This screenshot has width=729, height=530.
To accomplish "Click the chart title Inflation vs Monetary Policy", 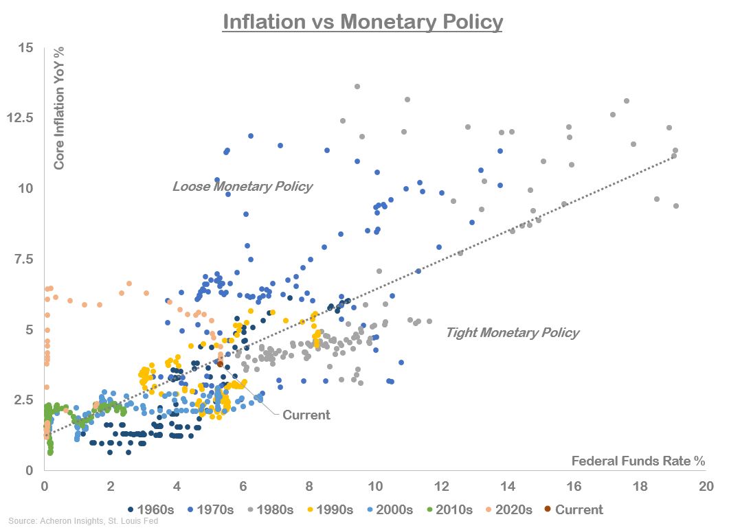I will click(x=363, y=22).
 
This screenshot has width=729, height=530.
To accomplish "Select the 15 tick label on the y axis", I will click(x=26, y=47).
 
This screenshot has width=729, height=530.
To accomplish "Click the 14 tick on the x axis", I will click(x=508, y=485).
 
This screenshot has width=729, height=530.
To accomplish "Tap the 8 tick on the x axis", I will click(x=309, y=485).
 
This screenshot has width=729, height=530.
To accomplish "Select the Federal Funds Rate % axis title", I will click(x=638, y=461).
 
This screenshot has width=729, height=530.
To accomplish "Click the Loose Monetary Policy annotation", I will click(x=243, y=186).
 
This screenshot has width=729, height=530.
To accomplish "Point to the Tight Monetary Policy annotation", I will click(x=513, y=333).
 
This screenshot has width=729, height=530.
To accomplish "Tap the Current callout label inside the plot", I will click(x=306, y=415).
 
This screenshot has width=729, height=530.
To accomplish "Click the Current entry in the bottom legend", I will click(x=573, y=509).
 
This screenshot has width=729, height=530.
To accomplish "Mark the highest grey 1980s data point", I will click(x=357, y=87).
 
